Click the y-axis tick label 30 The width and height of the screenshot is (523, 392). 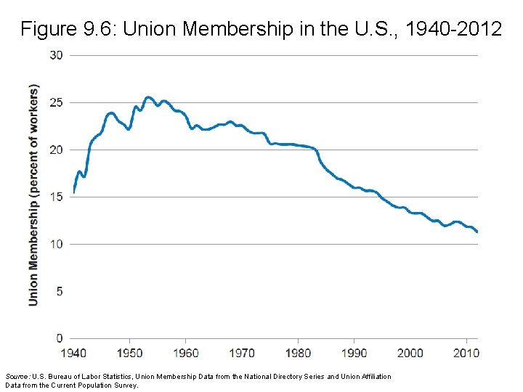[56, 55]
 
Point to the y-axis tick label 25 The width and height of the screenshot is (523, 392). [56, 102]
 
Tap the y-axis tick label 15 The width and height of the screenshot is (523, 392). [56, 197]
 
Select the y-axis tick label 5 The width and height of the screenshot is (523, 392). [59, 291]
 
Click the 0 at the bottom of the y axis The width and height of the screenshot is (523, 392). [59, 338]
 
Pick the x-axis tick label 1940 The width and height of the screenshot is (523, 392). [73, 353]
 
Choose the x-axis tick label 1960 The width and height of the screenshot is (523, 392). [186, 353]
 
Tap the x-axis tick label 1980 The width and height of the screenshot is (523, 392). [299, 353]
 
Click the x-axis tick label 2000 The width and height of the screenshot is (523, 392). [411, 353]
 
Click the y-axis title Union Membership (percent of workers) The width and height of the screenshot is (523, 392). [33, 195]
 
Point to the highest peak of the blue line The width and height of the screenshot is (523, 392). [148, 97]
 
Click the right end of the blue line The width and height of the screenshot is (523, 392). [477, 232]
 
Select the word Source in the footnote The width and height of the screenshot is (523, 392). [17, 377]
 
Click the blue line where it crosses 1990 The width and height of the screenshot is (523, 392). [355, 188]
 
